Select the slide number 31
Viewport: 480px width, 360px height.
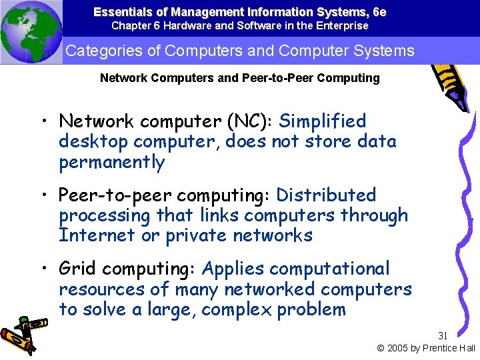(x=444, y=336)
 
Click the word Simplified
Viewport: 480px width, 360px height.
(x=323, y=121)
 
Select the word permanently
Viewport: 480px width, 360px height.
(x=111, y=162)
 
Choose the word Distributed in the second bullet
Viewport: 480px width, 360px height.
(x=326, y=195)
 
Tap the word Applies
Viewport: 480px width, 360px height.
(x=229, y=269)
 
